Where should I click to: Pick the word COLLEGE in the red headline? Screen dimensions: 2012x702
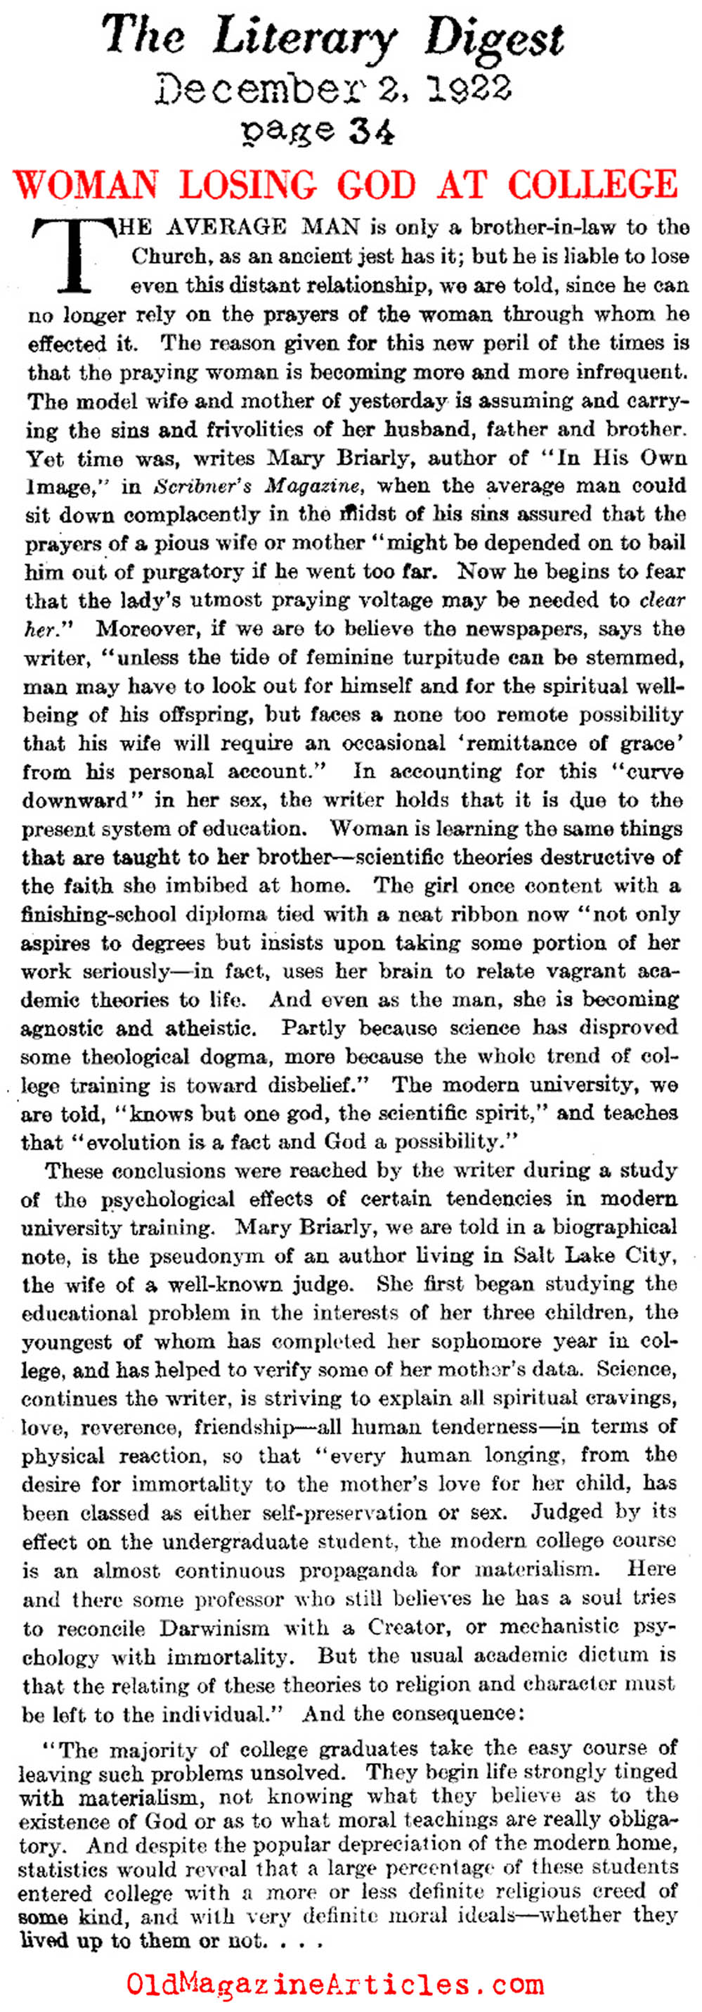[592, 186]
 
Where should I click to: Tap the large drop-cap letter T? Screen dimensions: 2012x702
[74, 254]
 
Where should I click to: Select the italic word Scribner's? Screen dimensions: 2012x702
[204, 486]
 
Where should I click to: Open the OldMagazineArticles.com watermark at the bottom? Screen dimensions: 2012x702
[335, 1984]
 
